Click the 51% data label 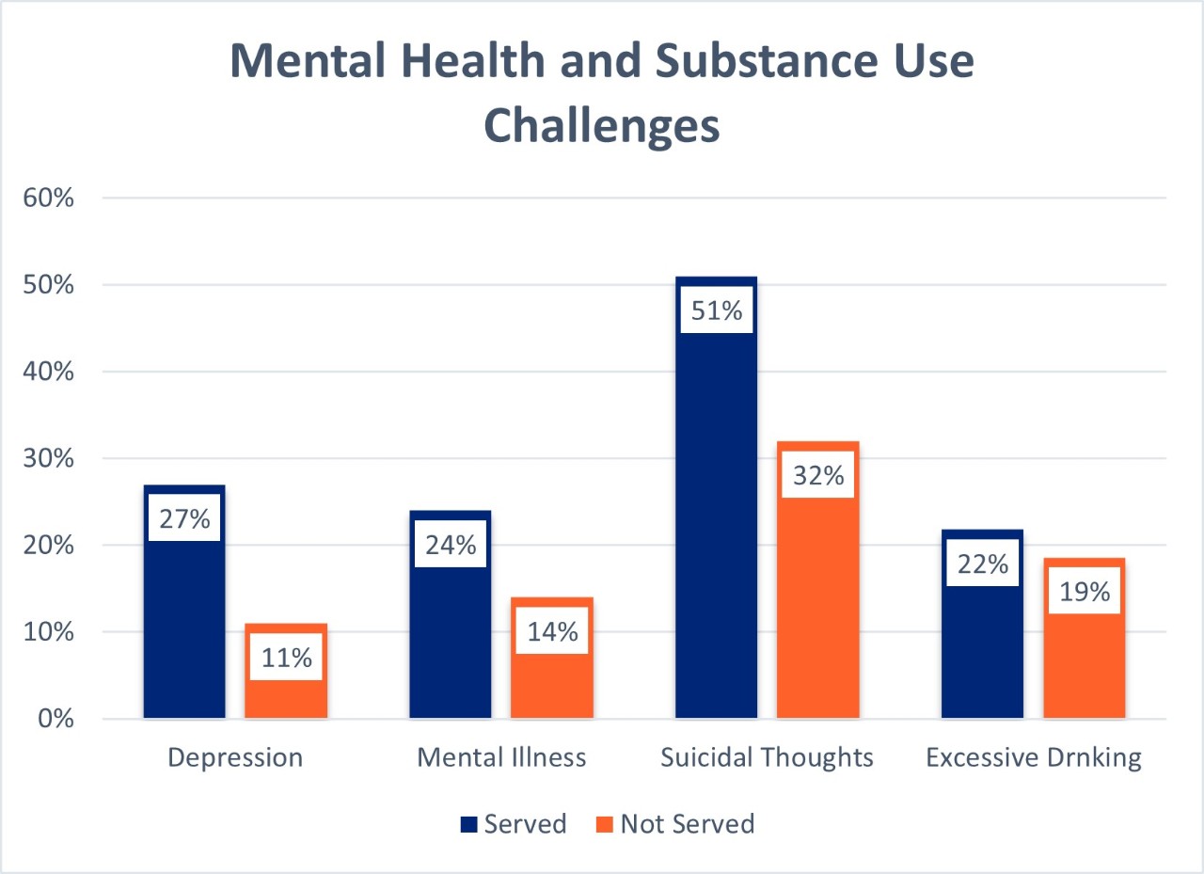tap(717, 310)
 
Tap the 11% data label tap(286, 658)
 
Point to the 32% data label tap(818, 476)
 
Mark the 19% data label tap(1085, 593)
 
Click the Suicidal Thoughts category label tap(767, 757)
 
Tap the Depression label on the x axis tap(235, 757)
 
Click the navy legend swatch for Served tap(469, 825)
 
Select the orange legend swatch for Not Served tap(605, 825)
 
